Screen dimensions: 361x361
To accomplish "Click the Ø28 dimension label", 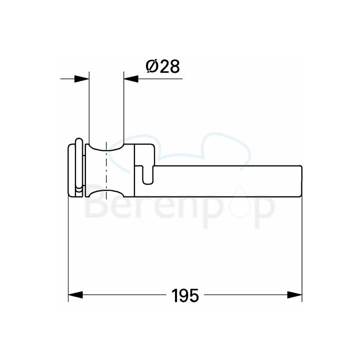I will (x=162, y=67).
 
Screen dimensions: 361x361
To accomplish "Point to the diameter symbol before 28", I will (x=150, y=67).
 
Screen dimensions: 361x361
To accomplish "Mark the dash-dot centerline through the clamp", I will (x=106, y=169).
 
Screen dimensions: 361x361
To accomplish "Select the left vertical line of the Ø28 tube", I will (x=89, y=105).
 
